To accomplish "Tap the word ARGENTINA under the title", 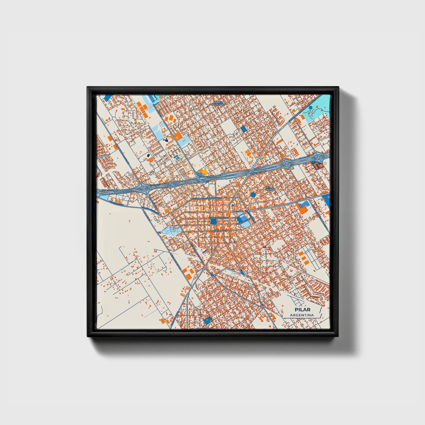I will click(x=302, y=315).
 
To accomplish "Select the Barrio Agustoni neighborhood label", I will click(x=219, y=104).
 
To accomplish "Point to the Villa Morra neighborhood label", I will click(x=270, y=188).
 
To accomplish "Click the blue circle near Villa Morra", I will click(x=253, y=195).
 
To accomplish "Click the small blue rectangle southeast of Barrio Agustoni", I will click(x=244, y=129).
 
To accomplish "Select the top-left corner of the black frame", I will click(x=88, y=87).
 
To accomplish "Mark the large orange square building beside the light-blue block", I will click(x=178, y=136).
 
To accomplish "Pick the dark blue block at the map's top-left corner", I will click(x=107, y=98).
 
